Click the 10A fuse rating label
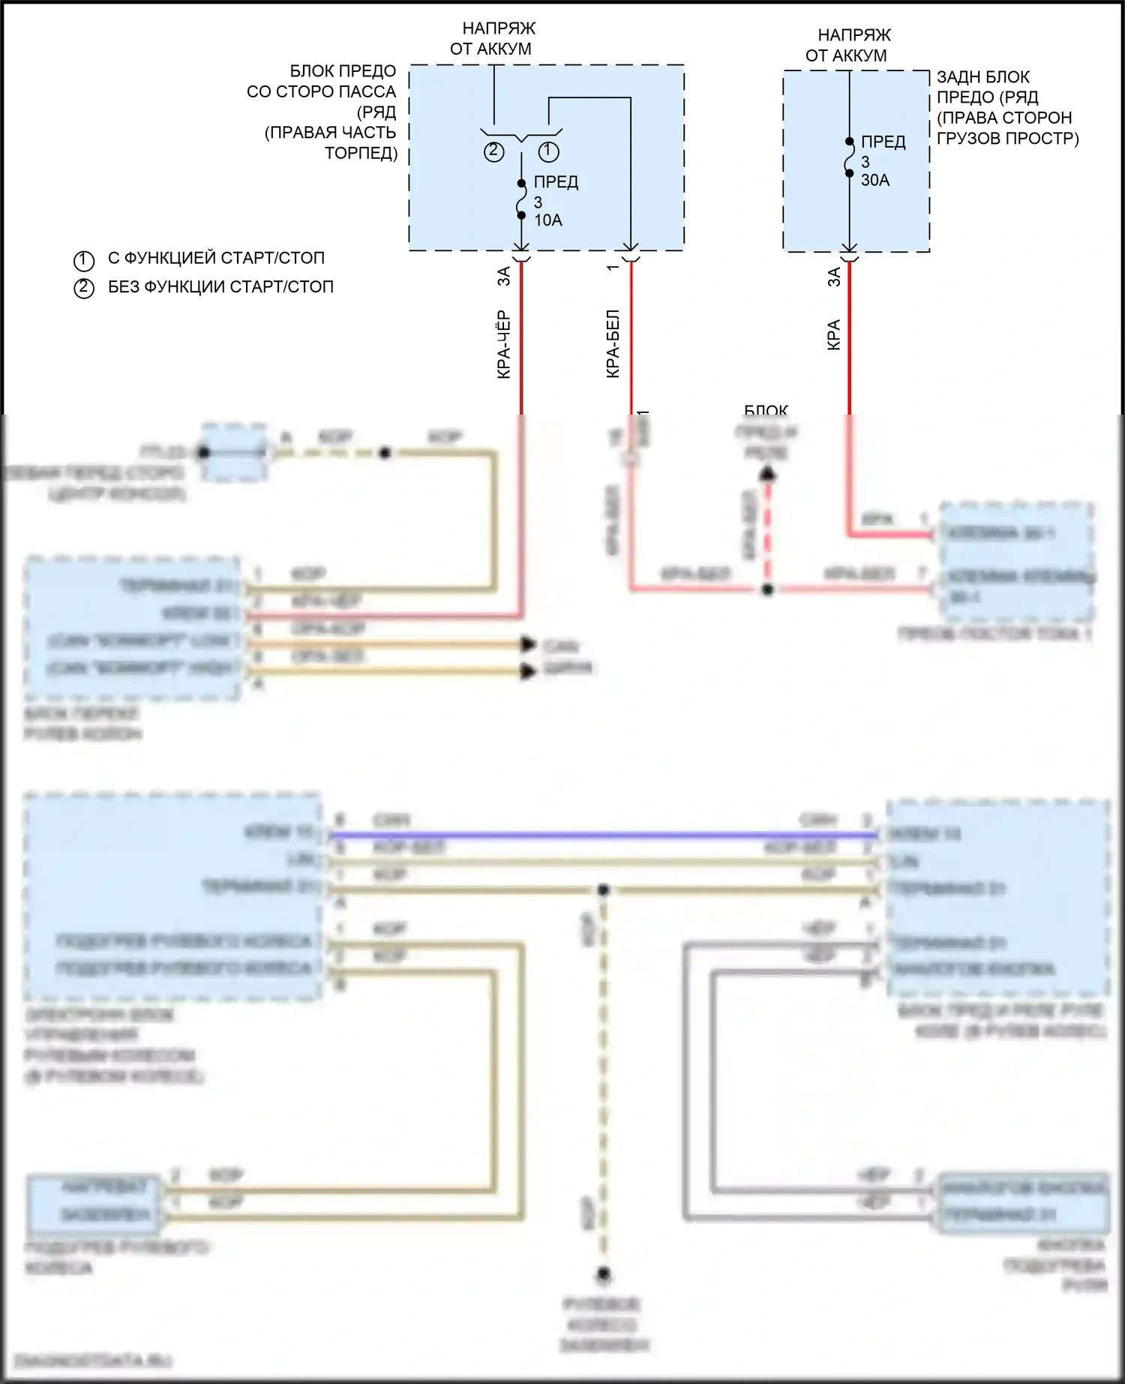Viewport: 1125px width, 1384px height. pyautogui.click(x=547, y=220)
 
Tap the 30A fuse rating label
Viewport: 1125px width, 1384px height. pyautogui.click(x=874, y=180)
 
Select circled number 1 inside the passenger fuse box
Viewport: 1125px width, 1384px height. pyautogui.click(x=549, y=151)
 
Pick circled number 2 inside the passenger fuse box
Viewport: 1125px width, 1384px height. pyautogui.click(x=493, y=151)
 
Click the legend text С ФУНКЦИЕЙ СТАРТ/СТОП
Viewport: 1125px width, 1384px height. pyautogui.click(x=216, y=258)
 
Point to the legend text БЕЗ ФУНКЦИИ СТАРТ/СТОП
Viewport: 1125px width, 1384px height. pyautogui.click(x=220, y=286)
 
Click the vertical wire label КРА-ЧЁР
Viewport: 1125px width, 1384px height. pyautogui.click(x=504, y=344)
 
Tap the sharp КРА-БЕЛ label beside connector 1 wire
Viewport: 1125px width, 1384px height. pyautogui.click(x=613, y=343)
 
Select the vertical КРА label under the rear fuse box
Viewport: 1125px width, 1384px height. pyautogui.click(x=833, y=334)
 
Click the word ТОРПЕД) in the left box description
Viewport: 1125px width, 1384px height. pyautogui.click(x=361, y=153)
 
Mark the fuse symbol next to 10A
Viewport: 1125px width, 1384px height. pyautogui.click(x=521, y=199)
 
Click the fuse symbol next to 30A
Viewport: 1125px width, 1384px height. pyautogui.click(x=849, y=157)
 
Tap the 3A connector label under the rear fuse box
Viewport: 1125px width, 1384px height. pyautogui.click(x=833, y=277)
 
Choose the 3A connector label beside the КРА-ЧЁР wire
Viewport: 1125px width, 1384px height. pyautogui.click(x=504, y=276)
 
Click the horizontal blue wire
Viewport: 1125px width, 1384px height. pyautogui.click(x=600, y=834)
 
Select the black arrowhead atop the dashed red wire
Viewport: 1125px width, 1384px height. pyautogui.click(x=767, y=473)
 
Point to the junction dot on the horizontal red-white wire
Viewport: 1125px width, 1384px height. pyautogui.click(x=767, y=590)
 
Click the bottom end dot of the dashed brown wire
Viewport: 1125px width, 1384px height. pyautogui.click(x=603, y=1274)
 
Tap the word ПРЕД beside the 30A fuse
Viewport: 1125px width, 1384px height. pyautogui.click(x=883, y=142)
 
